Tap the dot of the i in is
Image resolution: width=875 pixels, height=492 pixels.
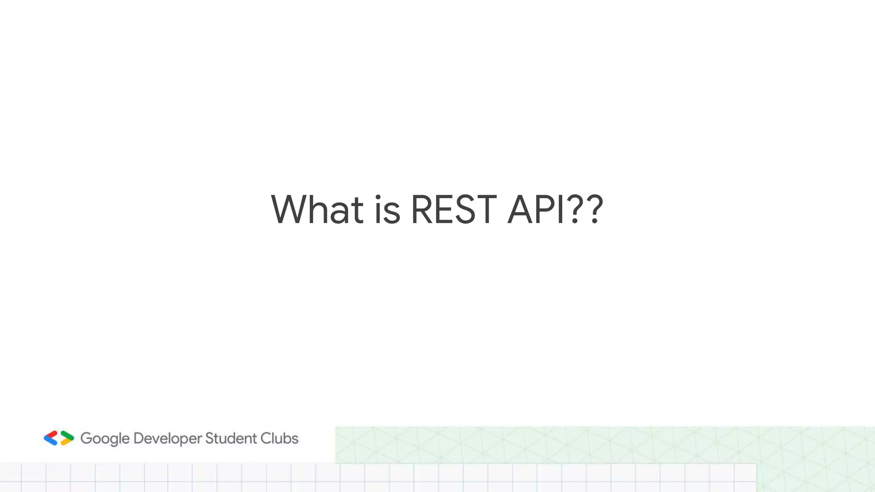coord(378,197)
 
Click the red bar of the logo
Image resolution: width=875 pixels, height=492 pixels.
coord(51,435)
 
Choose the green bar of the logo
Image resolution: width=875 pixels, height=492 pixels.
coord(67,435)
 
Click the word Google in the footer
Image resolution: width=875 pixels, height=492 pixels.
coord(105,439)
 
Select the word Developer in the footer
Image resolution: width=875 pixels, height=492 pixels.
coord(167,439)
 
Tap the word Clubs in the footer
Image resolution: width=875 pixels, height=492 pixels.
coord(279,438)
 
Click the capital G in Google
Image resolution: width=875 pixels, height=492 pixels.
coord(86,438)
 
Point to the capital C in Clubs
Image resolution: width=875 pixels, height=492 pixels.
coord(266,438)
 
